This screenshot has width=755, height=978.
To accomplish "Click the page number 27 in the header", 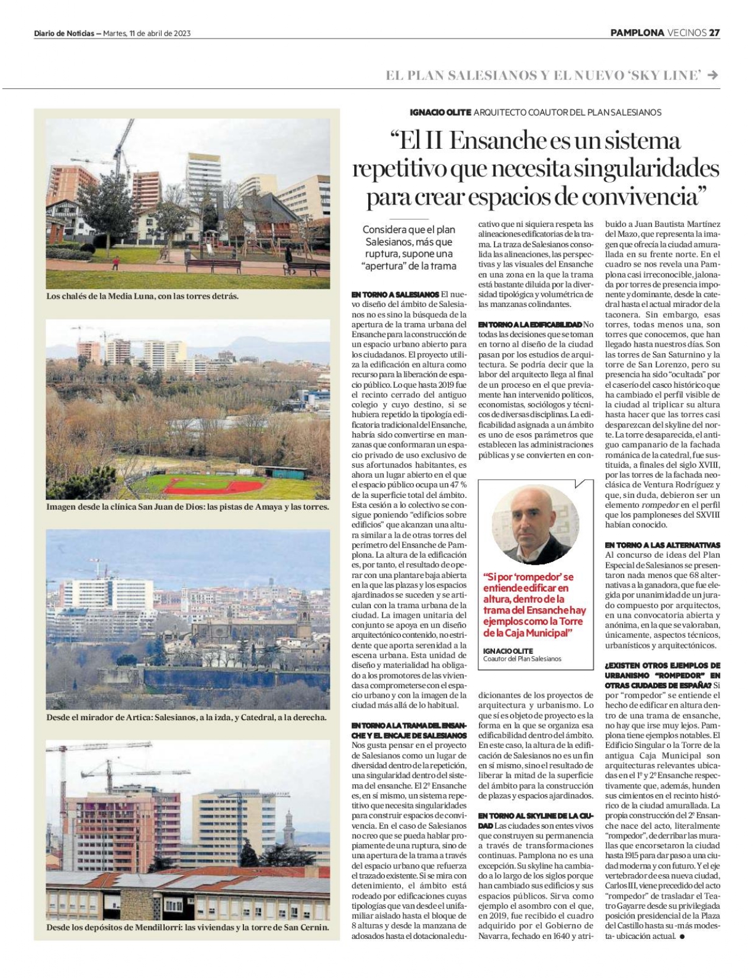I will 715,33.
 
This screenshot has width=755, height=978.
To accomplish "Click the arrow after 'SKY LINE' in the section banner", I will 714,75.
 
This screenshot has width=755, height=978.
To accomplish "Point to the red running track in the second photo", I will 213,485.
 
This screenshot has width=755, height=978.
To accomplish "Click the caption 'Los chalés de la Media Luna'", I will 142,296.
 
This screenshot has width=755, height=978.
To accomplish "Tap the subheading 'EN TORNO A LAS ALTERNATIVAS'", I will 662,545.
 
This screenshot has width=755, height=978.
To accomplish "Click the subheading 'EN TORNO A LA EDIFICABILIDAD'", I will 530,324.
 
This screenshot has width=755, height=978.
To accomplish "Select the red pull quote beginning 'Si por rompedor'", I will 534,605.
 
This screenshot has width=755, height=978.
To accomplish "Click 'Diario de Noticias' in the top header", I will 63,33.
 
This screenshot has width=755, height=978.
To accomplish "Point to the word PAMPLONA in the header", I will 637,33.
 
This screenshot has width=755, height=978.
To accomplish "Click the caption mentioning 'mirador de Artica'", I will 186,717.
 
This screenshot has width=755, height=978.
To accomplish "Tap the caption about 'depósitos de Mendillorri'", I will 187,927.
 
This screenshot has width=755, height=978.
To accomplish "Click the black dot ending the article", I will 682,937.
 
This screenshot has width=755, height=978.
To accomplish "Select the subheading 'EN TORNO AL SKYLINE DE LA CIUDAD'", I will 535,821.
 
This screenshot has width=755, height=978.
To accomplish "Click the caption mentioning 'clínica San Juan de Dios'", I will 187,507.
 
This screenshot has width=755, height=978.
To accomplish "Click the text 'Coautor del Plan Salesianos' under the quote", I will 522,659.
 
